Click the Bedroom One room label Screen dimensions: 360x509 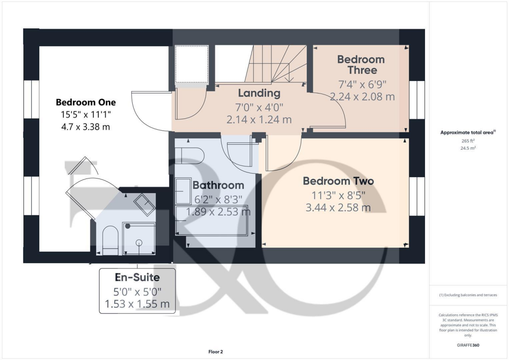(x=85, y=102)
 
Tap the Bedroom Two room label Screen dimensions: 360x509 (x=338, y=181)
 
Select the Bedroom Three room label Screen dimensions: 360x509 (x=361, y=65)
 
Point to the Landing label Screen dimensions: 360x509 (x=259, y=93)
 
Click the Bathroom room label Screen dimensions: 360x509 (x=218, y=185)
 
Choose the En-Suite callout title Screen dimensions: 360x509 (x=137, y=277)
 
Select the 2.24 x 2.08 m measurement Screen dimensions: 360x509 (x=362, y=96)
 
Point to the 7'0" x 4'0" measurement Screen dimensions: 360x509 (x=259, y=106)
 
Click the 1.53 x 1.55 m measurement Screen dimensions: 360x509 (x=137, y=303)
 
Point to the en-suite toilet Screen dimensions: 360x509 (x=110, y=241)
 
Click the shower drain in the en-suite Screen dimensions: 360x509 (x=139, y=243)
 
